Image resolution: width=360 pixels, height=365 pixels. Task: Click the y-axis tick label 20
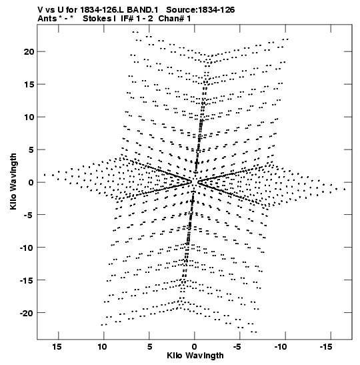click(29, 51)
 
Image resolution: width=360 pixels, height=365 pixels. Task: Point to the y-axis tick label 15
click(29, 85)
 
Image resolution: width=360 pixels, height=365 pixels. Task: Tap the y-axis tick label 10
click(29, 117)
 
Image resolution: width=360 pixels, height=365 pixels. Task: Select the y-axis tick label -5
click(29, 215)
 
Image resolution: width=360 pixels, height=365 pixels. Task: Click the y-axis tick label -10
click(27, 248)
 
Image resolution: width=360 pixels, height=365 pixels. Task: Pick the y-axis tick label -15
click(27, 280)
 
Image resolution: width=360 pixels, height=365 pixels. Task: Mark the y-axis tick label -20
click(27, 313)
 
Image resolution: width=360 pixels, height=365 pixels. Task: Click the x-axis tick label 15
click(57, 347)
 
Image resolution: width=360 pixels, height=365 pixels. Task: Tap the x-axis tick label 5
click(149, 347)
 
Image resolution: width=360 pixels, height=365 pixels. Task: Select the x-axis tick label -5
click(237, 347)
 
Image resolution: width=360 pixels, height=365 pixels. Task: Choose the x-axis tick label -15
click(326, 347)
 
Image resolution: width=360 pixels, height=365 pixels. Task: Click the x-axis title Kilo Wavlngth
click(195, 356)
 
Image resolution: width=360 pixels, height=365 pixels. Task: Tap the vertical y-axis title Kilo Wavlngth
click(13, 181)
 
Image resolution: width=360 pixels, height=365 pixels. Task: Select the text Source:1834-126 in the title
click(201, 10)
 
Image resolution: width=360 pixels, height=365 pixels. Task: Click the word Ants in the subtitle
click(47, 19)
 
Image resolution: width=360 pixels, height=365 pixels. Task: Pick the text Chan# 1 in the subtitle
click(175, 19)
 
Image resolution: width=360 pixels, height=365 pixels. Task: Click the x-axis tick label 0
click(195, 347)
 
